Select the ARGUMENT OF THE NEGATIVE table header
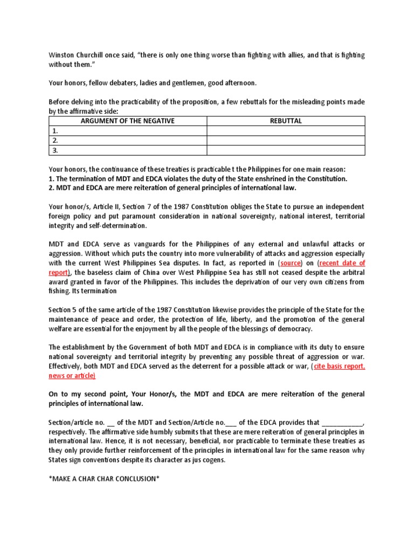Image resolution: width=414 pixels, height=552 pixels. [128, 121]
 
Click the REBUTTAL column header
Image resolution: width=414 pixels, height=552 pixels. [286, 121]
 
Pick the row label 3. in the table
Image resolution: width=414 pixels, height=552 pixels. [54, 150]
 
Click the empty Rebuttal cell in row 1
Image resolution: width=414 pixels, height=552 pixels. [286, 130]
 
